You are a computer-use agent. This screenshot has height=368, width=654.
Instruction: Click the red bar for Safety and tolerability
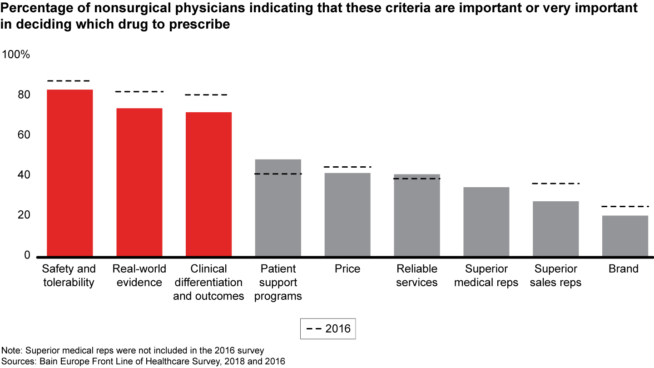click(70, 173)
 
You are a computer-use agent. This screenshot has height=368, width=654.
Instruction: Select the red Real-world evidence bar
click(139, 182)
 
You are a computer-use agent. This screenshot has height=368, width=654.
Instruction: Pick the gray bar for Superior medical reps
click(486, 221)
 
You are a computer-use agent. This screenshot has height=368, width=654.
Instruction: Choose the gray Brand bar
click(625, 235)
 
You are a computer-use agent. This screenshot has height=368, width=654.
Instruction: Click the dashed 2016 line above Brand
click(625, 207)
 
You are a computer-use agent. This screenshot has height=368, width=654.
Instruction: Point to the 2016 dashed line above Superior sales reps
click(555, 184)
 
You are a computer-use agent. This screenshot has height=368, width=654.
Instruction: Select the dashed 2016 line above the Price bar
click(347, 167)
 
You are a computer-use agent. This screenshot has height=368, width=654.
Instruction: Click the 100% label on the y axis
click(16, 55)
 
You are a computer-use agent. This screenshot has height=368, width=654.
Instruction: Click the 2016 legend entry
click(328, 328)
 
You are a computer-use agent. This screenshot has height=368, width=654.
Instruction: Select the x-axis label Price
click(347, 269)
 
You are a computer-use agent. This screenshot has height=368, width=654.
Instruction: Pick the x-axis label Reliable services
click(416, 276)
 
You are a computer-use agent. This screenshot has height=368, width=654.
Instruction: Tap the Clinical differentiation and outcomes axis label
click(208, 282)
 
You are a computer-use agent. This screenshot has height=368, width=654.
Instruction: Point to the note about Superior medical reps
click(133, 351)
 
